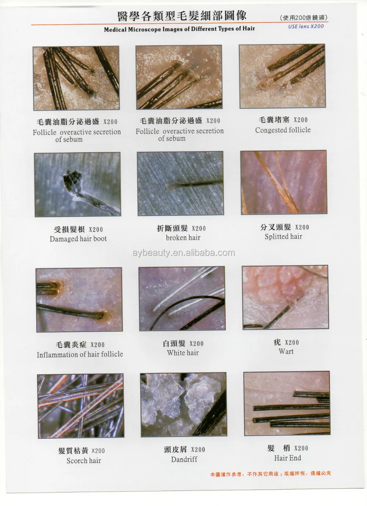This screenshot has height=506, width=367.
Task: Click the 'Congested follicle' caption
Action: point(283,130)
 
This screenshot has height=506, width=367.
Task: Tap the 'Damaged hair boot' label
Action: point(78,239)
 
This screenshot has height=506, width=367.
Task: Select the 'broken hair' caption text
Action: point(183,238)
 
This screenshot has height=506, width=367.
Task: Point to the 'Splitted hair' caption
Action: point(283,236)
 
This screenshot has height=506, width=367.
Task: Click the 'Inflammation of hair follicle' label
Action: point(80,354)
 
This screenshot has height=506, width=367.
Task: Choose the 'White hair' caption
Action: point(182,353)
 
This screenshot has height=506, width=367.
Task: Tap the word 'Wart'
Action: point(286,351)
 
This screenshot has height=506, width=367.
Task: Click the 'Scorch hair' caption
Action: point(83,460)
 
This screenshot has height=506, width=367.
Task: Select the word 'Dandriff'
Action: point(184,459)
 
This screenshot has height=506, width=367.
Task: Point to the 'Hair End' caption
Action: point(287,458)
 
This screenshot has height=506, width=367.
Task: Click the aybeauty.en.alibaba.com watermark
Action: point(183,253)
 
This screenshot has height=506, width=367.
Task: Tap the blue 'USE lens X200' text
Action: point(306,26)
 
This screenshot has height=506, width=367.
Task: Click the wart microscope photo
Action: point(285,297)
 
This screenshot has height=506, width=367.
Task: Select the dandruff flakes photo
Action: point(183,404)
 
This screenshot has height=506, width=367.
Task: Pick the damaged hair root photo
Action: point(77,185)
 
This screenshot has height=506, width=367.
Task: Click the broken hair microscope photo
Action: point(180,183)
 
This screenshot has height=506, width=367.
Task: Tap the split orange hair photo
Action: point(283,182)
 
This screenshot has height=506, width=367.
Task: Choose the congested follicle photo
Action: point(282,76)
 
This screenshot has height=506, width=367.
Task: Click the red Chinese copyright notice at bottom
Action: point(270,474)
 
